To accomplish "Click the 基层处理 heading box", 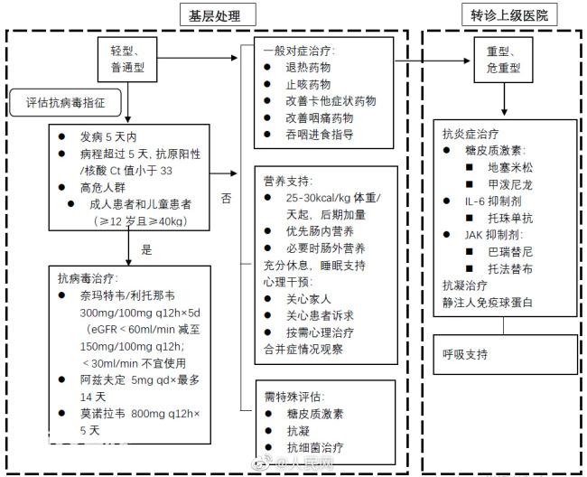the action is coord(218,15).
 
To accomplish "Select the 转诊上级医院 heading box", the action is coord(509,15).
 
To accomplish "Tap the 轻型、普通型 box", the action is coord(127,59).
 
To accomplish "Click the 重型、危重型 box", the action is coord(504,60).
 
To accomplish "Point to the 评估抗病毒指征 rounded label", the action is coord(66,103).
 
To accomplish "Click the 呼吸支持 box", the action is coord(506,354).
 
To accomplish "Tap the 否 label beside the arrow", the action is coord(226,198).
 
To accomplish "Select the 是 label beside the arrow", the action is coord(146,249).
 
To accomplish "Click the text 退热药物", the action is coord(308,68).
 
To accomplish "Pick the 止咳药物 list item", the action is coord(308,84).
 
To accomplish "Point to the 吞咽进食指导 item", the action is coord(320,135).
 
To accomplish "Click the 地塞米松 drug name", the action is coord(510,167).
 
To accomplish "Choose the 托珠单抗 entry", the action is coord(510,218).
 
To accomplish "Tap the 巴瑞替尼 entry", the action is coord(510,252).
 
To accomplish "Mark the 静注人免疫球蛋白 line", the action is coord(488,302).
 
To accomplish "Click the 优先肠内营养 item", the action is coord(320,231).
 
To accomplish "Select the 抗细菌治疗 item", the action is coord(315,447).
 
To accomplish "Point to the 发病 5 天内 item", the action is coord(108,137).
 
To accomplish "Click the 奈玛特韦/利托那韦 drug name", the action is coord(127,295).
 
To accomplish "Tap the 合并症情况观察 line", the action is coord(303,350).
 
